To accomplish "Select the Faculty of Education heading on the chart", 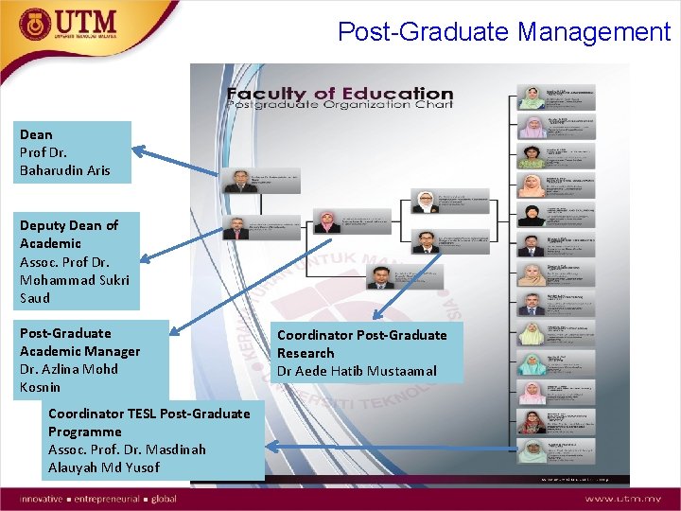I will coord(340,94).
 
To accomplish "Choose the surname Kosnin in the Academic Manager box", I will coord(40,387).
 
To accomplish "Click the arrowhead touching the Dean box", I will coord(138,150).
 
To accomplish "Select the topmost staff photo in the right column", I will coord(533,97).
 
